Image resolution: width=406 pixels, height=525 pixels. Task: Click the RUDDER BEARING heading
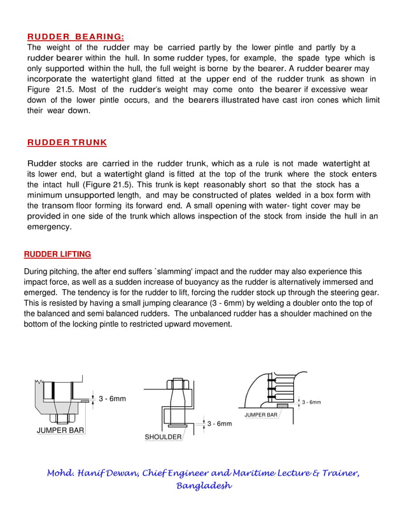pos(76,37)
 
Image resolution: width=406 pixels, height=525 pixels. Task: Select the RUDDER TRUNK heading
pos(67,142)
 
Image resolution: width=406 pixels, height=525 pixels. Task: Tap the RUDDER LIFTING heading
pos(57,254)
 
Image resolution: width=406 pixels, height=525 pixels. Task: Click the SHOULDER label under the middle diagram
pos(163,437)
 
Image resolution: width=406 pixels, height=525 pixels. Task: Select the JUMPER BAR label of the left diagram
pos(60,430)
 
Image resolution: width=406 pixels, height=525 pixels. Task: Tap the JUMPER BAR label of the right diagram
pos(261,415)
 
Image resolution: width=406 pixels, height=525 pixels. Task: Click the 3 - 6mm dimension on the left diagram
pos(112,399)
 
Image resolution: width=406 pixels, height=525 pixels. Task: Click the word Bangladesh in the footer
pos(204,486)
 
